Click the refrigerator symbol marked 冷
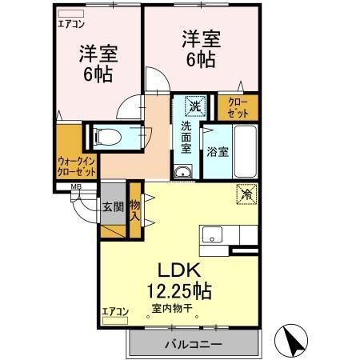click(246, 193)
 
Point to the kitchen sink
click(213, 235)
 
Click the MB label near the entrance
click(77, 188)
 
